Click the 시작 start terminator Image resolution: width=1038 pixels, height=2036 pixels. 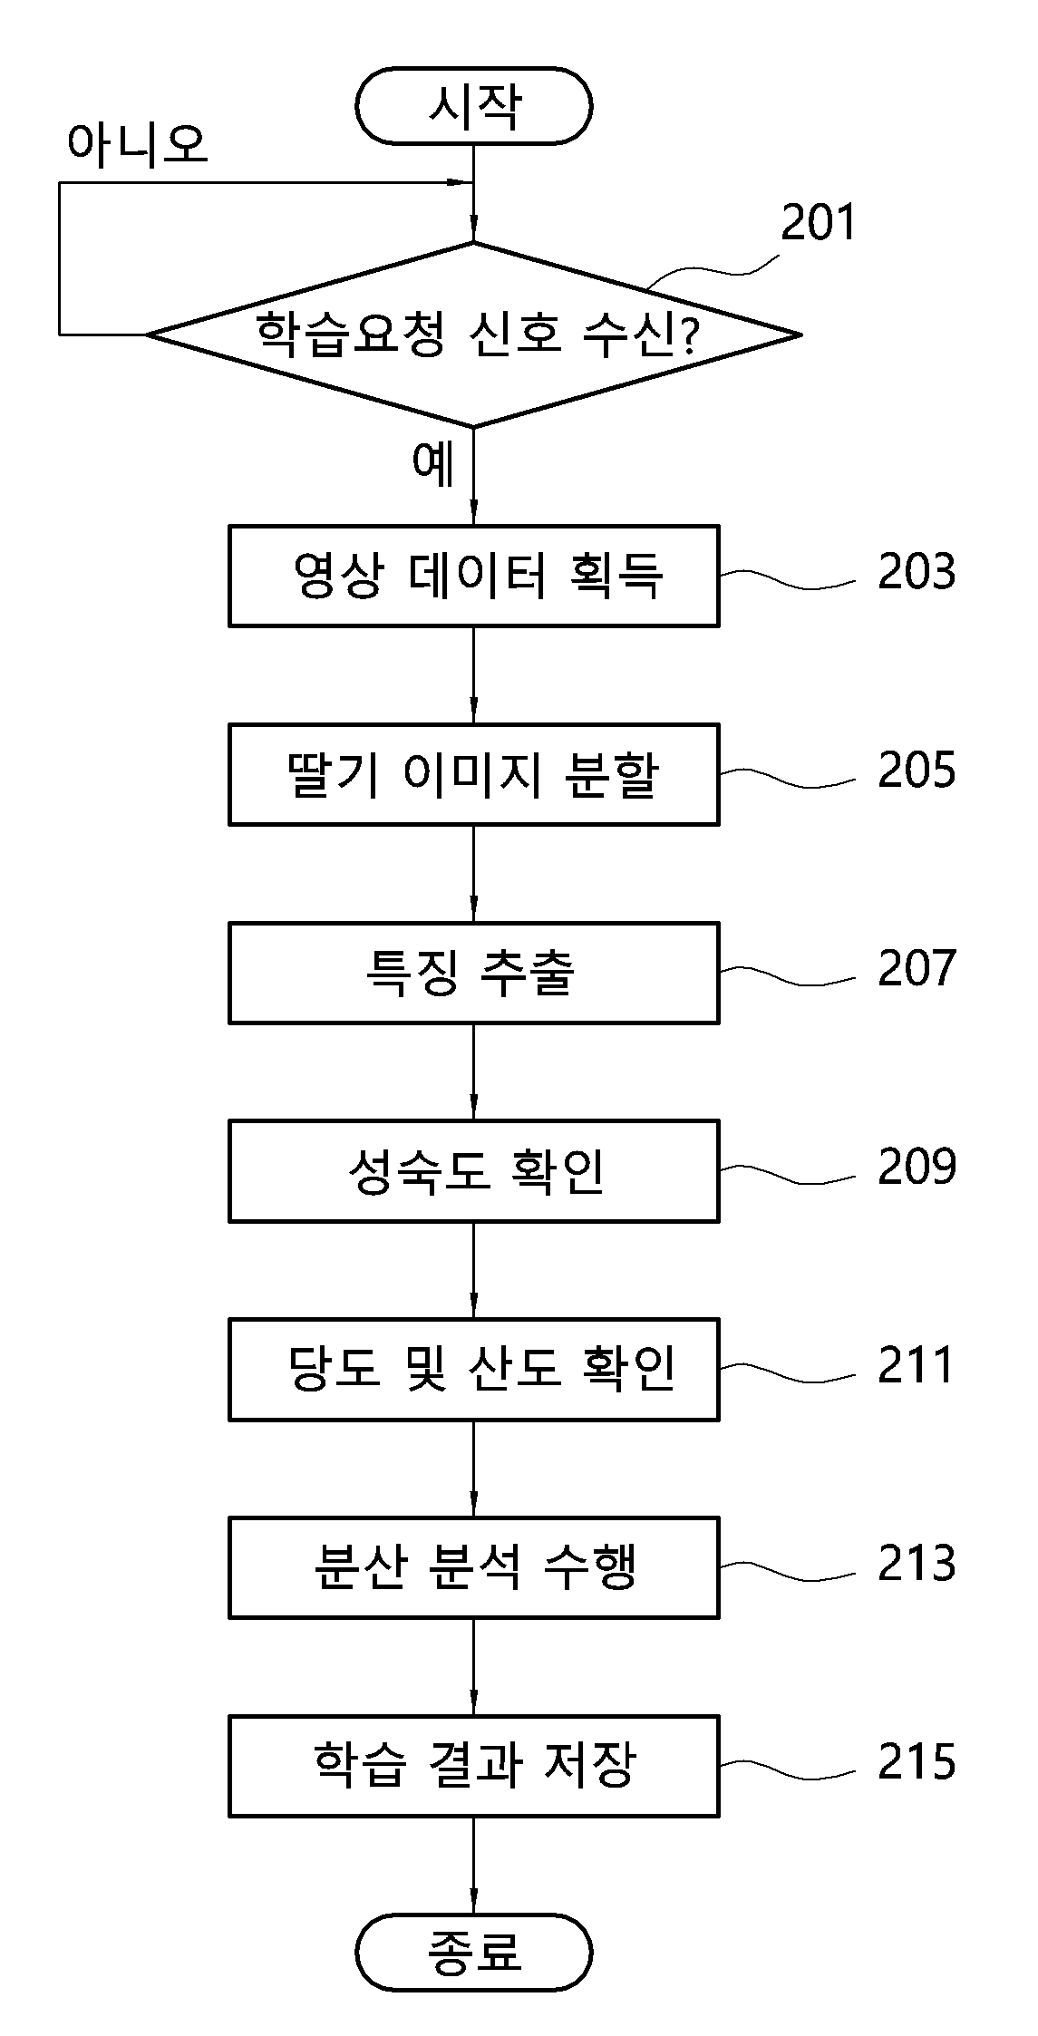click(473, 105)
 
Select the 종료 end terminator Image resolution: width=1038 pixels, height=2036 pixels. click(473, 1952)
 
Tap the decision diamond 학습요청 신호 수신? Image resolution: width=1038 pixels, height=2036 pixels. click(473, 334)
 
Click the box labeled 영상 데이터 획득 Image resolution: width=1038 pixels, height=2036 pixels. click(473, 576)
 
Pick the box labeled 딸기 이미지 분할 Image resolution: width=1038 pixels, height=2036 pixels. click(473, 774)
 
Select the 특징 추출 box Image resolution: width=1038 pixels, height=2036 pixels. click(473, 973)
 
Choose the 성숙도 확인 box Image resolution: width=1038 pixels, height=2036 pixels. click(473, 1171)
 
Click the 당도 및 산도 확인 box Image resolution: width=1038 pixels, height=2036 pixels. click(473, 1369)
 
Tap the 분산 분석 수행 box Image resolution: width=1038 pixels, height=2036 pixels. click(473, 1567)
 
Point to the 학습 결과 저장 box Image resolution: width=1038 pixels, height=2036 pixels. click(473, 1766)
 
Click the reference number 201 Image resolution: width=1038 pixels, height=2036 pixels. click(819, 222)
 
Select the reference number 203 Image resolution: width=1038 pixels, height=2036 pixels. click(917, 571)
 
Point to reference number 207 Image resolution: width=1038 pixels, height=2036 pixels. click(917, 968)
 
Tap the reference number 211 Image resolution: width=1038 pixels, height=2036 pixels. click(916, 1365)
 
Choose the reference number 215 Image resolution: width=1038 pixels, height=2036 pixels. click(917, 1761)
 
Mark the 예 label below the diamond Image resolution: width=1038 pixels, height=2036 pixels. click(433, 463)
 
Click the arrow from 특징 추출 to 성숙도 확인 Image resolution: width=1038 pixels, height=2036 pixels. click(473, 1072)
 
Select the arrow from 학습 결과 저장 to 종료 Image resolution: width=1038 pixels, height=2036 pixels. click(473, 1866)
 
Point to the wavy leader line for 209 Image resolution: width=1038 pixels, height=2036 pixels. click(787, 1175)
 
